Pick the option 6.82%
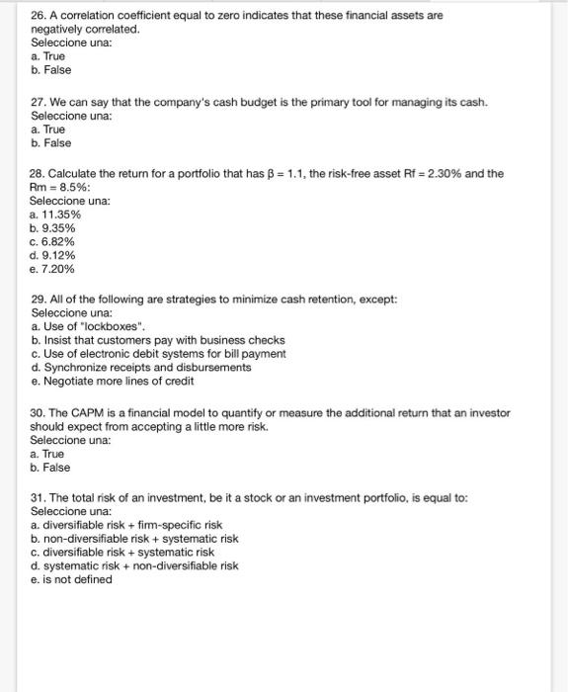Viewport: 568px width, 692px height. tap(58, 241)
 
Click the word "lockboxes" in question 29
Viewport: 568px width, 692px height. tap(117, 326)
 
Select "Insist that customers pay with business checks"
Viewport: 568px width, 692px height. tap(163, 340)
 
